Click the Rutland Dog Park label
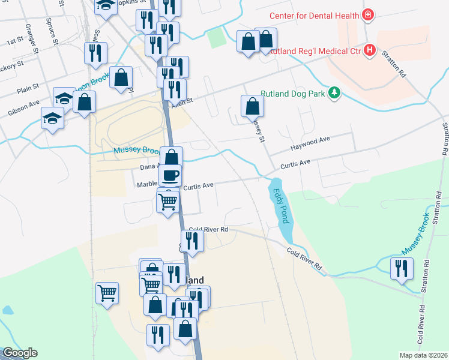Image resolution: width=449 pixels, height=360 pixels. [294, 94]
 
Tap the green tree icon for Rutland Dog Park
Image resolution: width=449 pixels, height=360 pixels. [335, 94]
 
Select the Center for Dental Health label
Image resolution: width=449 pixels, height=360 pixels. [313, 15]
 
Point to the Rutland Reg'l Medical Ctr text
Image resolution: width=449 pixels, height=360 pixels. [315, 52]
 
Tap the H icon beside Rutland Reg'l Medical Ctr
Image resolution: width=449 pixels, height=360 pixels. [370, 51]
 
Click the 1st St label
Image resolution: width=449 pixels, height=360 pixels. [14, 43]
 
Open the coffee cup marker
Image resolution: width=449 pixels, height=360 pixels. [170, 175]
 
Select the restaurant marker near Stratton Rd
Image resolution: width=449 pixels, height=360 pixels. [401, 268]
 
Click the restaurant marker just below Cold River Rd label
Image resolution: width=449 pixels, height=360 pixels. [192, 241]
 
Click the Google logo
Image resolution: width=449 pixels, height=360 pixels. [19, 353]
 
